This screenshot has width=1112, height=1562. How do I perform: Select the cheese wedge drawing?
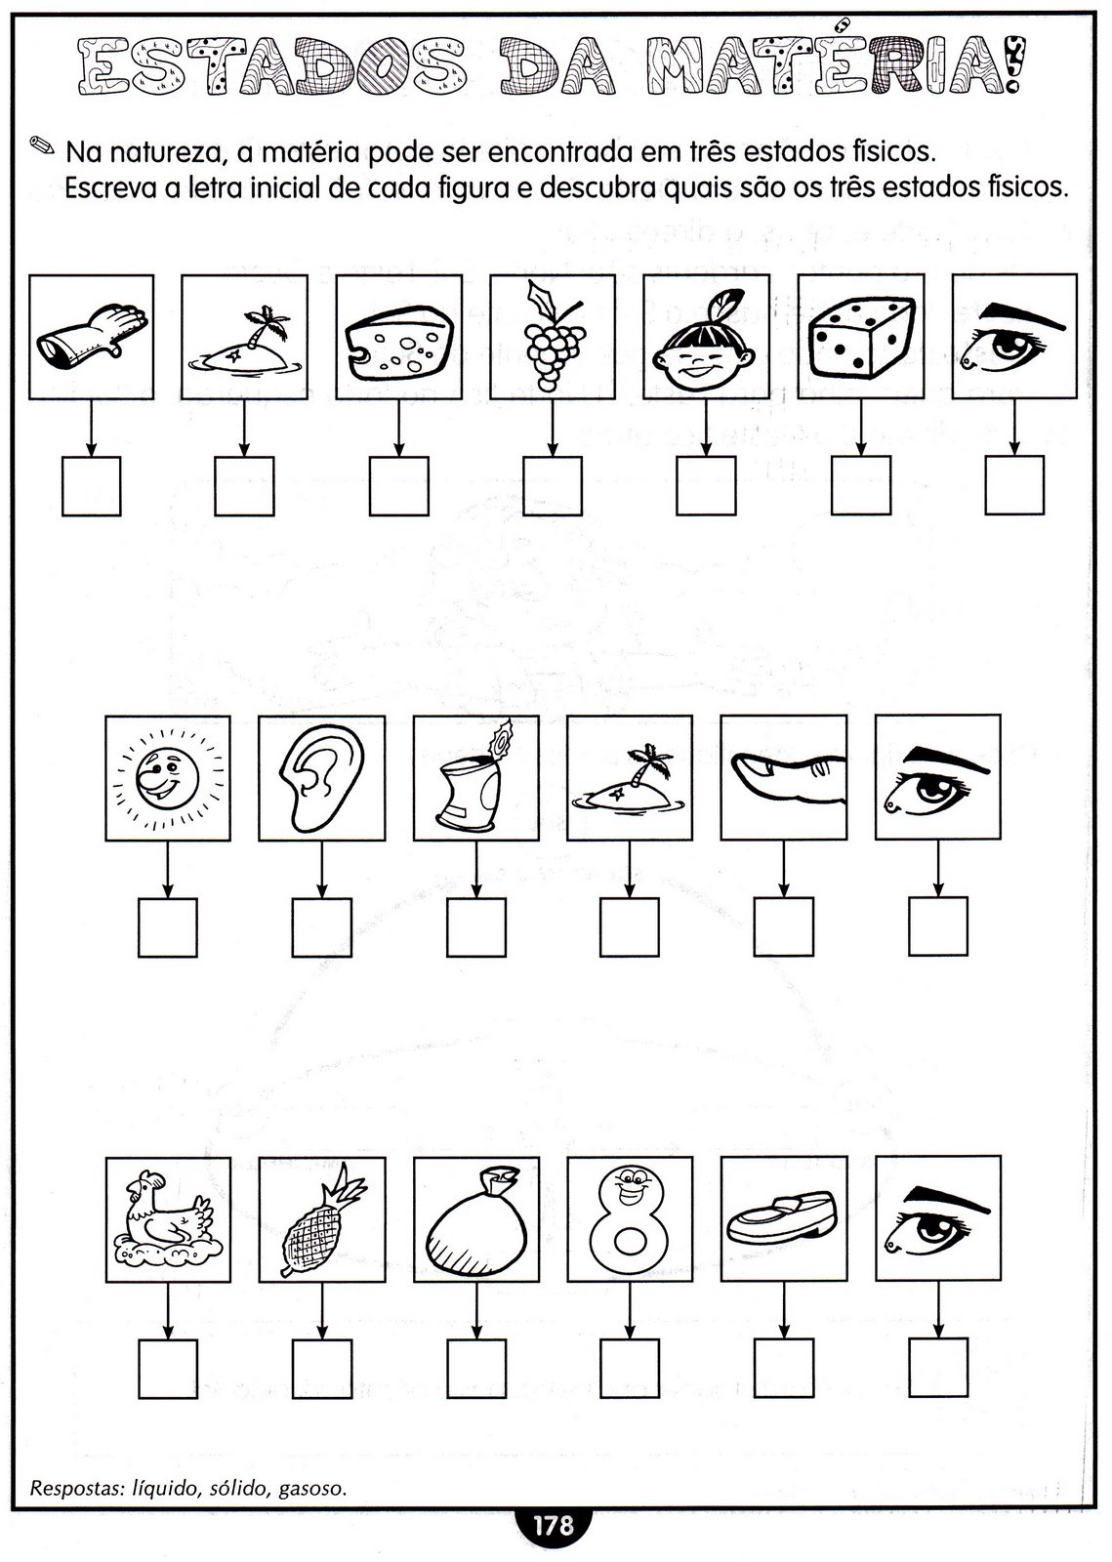pyautogui.click(x=399, y=339)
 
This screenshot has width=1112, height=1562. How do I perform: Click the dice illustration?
pyautogui.click(x=862, y=338)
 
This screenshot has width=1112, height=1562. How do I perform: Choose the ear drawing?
pyautogui.click(x=322, y=778)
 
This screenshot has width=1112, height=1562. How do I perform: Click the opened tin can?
pyautogui.click(x=474, y=778)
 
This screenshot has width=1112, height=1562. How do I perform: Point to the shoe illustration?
pyautogui.click(x=782, y=1217)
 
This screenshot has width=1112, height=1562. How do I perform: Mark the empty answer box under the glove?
pyautogui.click(x=92, y=486)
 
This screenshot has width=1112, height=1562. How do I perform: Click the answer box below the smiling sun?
pyautogui.click(x=167, y=927)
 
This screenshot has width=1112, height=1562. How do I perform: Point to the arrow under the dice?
pyautogui.click(x=861, y=429)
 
